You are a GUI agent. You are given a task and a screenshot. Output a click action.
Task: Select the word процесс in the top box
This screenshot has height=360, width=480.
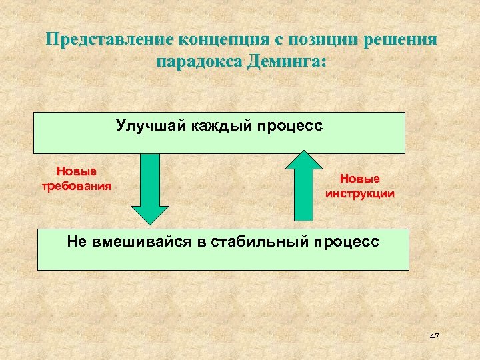pyautogui.click(x=291, y=125)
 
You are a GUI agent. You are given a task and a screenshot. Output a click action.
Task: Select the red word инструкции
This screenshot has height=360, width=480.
pyautogui.click(x=359, y=194)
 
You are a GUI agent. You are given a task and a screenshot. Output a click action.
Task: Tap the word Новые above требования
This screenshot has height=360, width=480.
pyautogui.click(x=75, y=171)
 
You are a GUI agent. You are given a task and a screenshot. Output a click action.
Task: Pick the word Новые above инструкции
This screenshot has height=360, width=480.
pyautogui.click(x=359, y=179)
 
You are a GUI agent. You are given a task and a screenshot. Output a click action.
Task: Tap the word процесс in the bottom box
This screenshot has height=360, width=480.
pyautogui.click(x=347, y=241)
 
